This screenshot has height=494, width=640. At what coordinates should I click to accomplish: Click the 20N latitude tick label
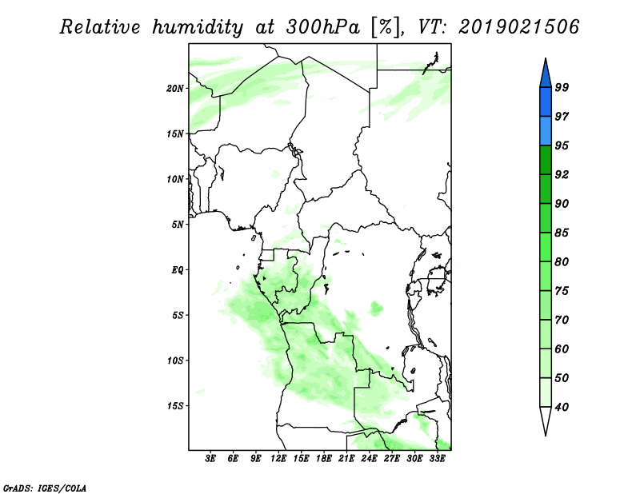(x=175, y=89)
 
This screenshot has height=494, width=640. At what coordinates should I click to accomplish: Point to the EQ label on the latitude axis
(x=178, y=270)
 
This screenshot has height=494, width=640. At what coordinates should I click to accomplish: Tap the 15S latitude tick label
(x=175, y=406)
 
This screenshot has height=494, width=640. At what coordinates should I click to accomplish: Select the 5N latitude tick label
(x=178, y=225)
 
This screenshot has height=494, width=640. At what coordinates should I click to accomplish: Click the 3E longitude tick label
(x=210, y=459)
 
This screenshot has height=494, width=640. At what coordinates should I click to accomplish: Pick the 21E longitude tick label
(x=346, y=459)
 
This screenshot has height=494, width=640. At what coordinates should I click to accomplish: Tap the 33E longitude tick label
(x=437, y=459)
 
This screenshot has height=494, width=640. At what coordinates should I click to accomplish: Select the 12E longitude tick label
(x=278, y=459)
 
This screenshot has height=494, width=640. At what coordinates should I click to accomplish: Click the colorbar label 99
(x=562, y=87)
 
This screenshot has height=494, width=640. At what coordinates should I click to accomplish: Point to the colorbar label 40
(x=562, y=407)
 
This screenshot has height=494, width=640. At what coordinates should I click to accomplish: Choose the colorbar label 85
(x=562, y=233)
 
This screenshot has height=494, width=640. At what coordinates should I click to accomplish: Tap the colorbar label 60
(x=562, y=349)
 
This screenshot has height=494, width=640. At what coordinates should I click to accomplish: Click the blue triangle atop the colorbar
(x=546, y=74)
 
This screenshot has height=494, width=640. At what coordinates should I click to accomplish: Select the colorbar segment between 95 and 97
(x=546, y=131)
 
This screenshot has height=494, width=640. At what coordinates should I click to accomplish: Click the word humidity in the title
(x=198, y=27)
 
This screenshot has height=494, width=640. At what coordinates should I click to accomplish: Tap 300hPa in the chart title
(x=323, y=27)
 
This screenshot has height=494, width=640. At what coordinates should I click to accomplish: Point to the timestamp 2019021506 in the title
(x=518, y=27)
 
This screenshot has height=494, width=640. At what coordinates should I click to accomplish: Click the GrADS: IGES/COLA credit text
(x=45, y=488)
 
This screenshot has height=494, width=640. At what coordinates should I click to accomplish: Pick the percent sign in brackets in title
(x=385, y=27)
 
